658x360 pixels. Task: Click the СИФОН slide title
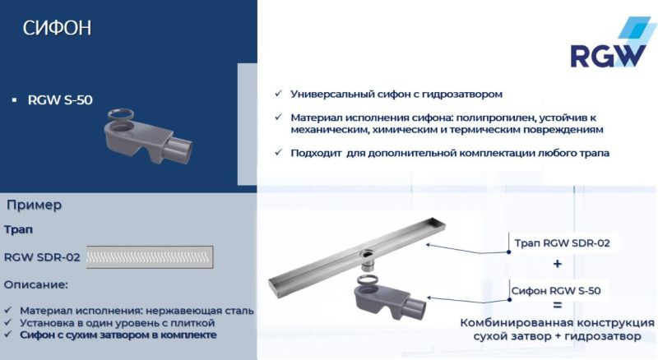click(57, 28)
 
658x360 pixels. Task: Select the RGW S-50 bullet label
click(60, 100)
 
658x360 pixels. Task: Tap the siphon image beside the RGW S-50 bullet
click(148, 136)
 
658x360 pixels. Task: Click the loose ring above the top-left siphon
click(121, 114)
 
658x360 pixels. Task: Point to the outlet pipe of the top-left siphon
click(178, 149)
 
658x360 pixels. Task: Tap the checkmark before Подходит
click(279, 152)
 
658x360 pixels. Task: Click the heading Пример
click(34, 205)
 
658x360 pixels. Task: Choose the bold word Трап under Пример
click(18, 229)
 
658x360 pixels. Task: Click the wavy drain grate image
click(150, 257)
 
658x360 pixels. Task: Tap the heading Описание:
click(35, 284)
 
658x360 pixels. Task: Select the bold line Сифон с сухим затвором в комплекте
click(118, 335)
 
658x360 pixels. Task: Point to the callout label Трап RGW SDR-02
click(562, 243)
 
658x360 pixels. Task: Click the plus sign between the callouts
click(558, 264)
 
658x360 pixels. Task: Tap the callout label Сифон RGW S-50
click(556, 290)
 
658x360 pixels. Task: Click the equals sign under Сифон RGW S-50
click(558, 305)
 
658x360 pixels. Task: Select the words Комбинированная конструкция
click(558, 323)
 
